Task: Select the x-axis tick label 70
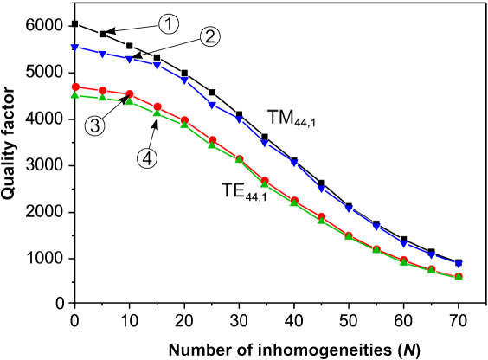pyautogui.click(x=458, y=321)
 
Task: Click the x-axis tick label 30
pyautogui.click(x=239, y=321)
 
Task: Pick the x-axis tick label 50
pyautogui.click(x=349, y=321)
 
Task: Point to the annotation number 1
pyautogui.click(x=168, y=24)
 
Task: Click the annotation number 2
pyautogui.click(x=209, y=36)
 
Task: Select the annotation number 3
pyautogui.click(x=94, y=126)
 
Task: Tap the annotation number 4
pyautogui.click(x=147, y=159)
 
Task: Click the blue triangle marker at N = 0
pyautogui.click(x=75, y=48)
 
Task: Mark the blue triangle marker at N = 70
pyautogui.click(x=459, y=264)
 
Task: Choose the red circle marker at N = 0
pyautogui.click(x=75, y=87)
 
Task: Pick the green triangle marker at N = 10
pyautogui.click(x=130, y=102)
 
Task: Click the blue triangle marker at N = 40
pyautogui.click(x=294, y=164)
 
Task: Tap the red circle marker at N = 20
pyautogui.click(x=184, y=120)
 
